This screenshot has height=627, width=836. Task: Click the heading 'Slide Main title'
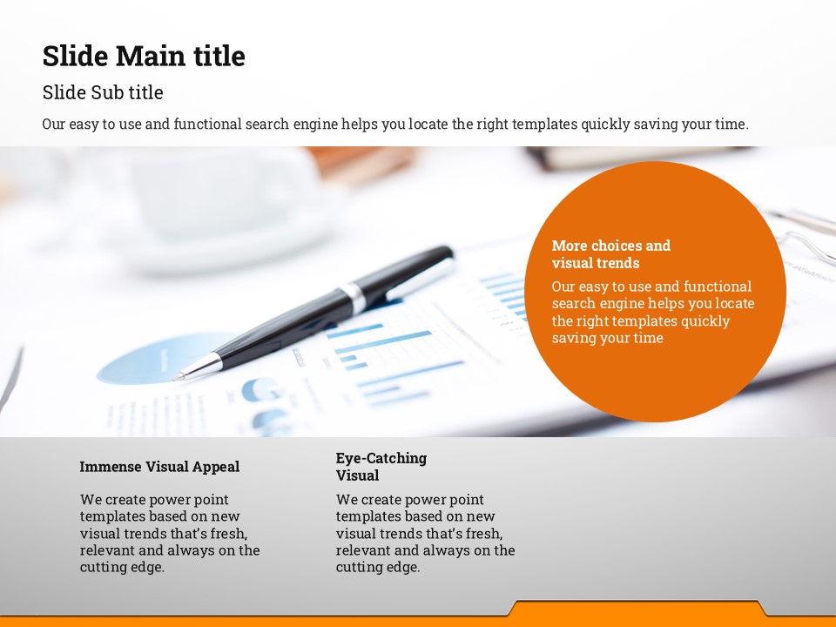[144, 56]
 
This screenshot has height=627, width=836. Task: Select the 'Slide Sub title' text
[103, 92]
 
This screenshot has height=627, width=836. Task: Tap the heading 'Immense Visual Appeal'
[159, 467]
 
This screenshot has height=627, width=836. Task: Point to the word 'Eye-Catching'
[381, 459]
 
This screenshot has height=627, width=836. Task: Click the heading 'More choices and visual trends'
[611, 254]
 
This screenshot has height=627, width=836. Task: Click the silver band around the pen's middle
[354, 296]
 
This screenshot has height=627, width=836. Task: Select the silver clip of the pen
[420, 278]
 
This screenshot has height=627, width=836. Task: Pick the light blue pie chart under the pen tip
[160, 359]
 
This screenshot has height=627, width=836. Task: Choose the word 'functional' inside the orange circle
[717, 287]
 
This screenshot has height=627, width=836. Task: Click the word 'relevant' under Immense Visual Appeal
[105, 550]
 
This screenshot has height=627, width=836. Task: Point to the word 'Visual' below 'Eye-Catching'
[357, 475]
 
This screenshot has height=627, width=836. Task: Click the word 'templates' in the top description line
[544, 125]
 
